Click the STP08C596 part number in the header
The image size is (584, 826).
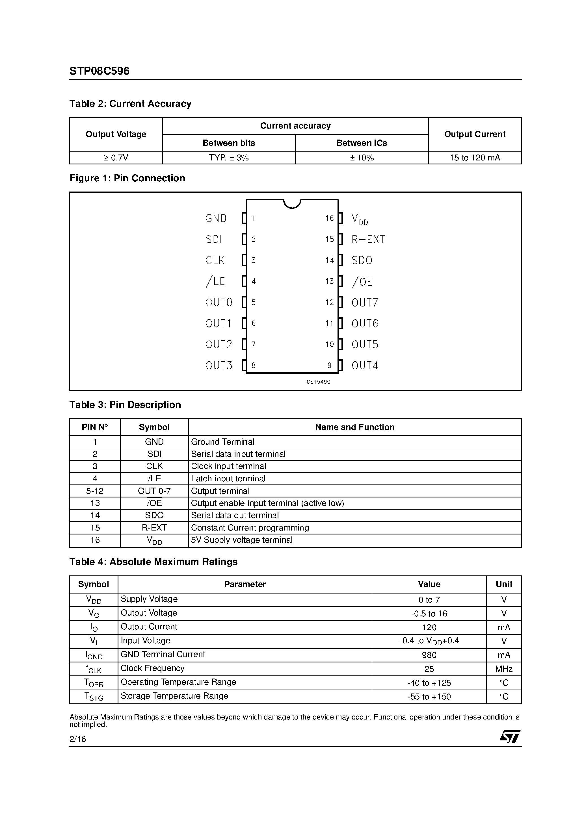coord(100,71)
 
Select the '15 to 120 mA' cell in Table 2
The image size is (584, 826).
coord(475,158)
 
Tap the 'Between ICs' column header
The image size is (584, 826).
coord(362,143)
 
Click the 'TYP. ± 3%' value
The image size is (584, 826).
coord(229,158)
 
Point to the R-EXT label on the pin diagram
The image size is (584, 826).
coord(368,240)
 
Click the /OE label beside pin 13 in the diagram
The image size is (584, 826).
coord(362,282)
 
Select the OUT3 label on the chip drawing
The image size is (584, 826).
coord(219,366)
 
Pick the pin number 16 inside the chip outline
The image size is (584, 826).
coord(329,218)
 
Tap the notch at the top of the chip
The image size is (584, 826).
coord(292,204)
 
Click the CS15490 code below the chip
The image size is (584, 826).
coord(318,382)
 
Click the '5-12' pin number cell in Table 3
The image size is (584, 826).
coord(95,491)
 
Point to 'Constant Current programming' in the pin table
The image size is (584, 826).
coord(250,528)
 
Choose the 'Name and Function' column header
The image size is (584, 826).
coord(355,427)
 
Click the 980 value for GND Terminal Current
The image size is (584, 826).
coord(429,655)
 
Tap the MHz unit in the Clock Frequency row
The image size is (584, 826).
coord(504,669)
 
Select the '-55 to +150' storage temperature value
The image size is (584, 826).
coord(429,697)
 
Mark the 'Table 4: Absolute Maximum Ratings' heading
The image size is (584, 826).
coord(153,562)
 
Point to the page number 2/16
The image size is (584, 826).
coord(78,739)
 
